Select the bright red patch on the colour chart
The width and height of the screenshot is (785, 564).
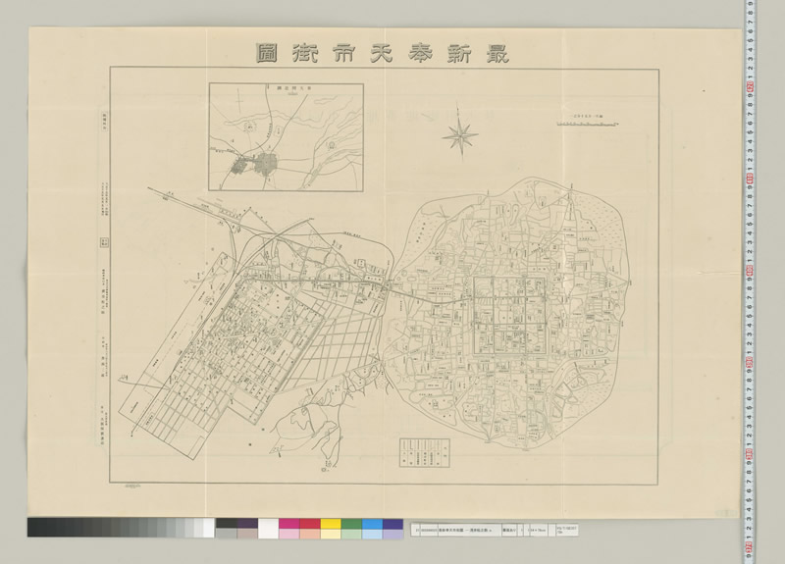[x=308, y=528]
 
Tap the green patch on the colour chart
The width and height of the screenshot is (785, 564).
[x=351, y=528]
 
